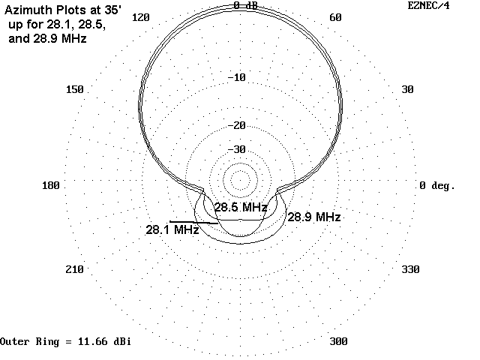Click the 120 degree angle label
point(141,18)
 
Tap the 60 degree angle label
point(335,18)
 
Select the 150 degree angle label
point(75,90)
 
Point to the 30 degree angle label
point(407,90)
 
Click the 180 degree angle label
point(51,185)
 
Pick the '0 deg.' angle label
point(437,185)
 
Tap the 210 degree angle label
point(75,269)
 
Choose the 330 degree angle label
point(410,269)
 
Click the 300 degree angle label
point(338,341)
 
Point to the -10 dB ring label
point(237,78)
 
